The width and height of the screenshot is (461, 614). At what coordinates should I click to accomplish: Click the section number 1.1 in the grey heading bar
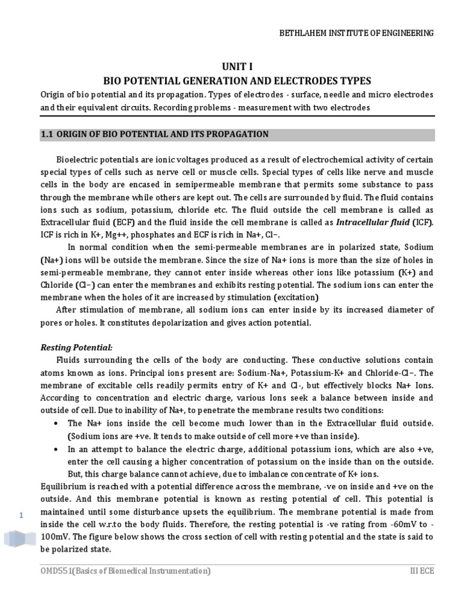click(47, 134)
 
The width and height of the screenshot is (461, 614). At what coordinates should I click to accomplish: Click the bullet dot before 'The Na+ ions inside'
click(55, 423)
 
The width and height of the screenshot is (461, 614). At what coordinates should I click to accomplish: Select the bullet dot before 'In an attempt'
click(55, 449)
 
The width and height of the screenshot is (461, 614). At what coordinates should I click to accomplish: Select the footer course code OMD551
click(56, 571)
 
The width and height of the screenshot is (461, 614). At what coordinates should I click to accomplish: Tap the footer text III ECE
click(419, 571)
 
